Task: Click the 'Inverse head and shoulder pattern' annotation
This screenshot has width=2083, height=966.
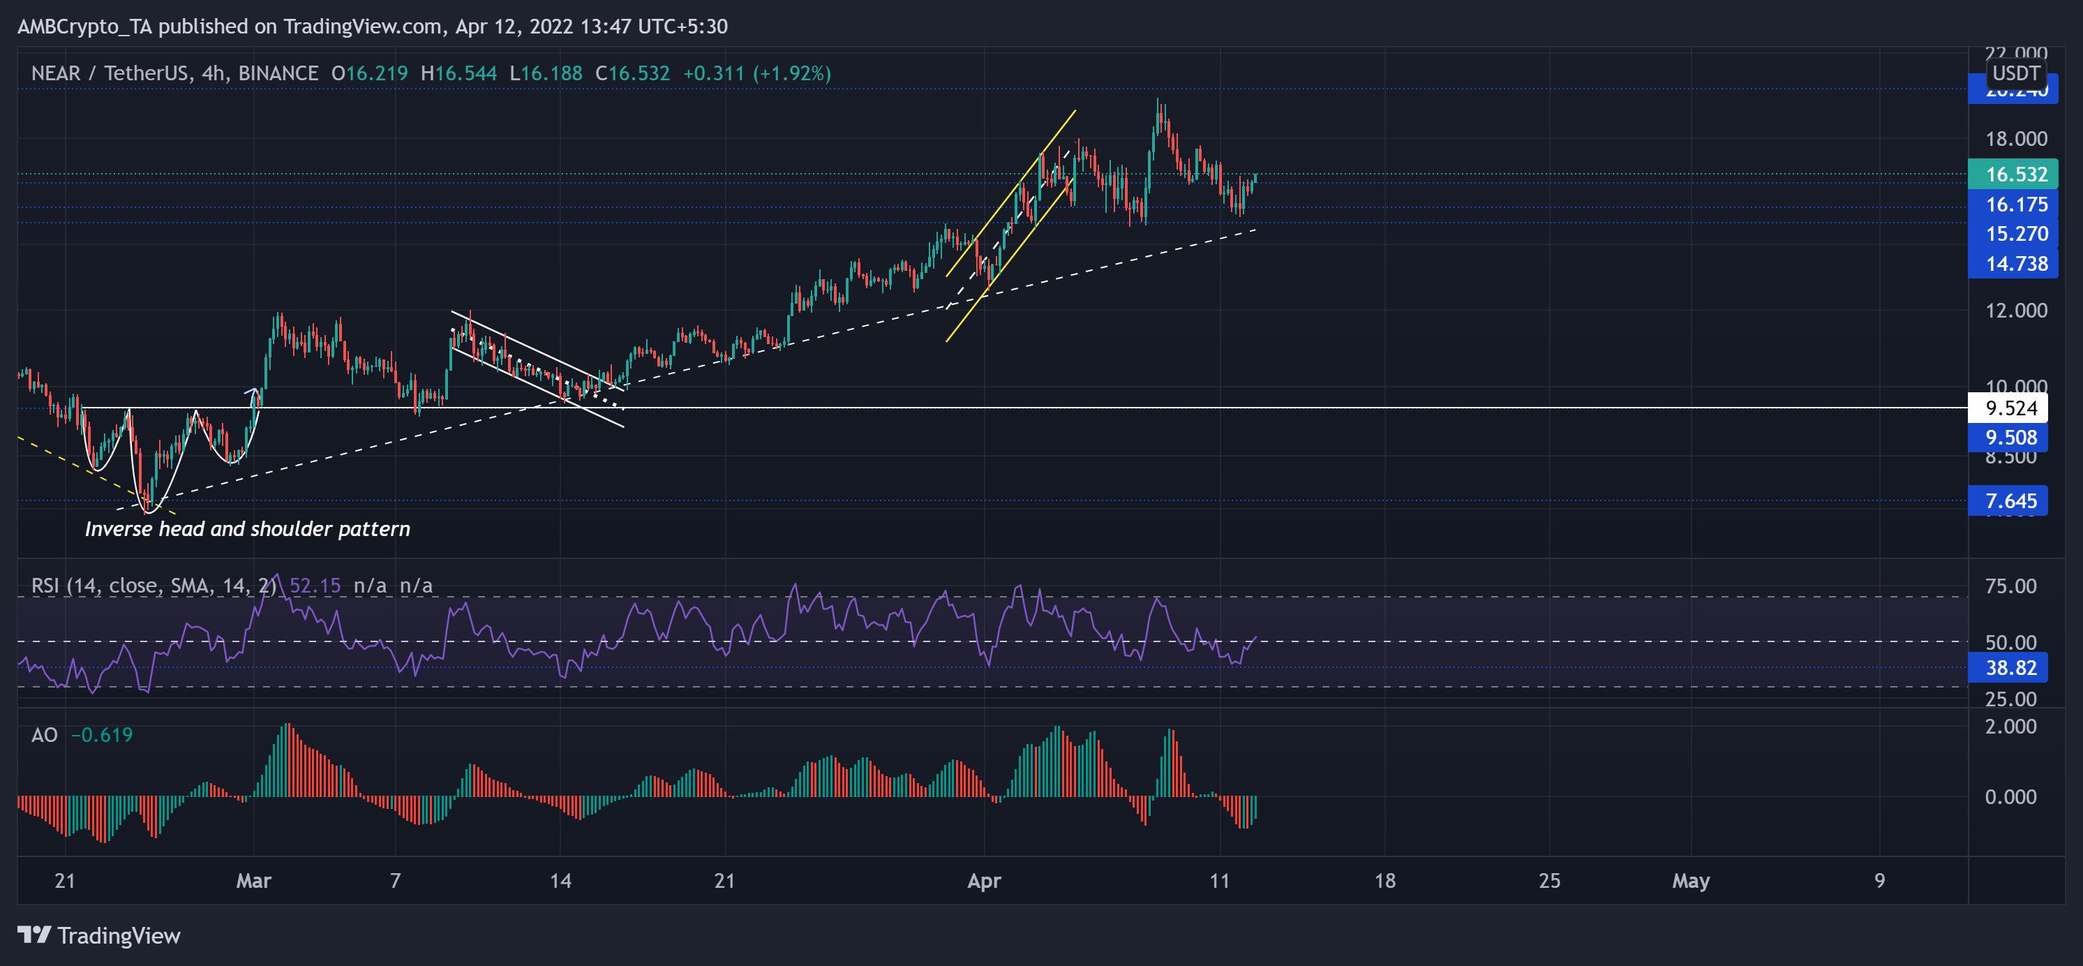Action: pyautogui.click(x=248, y=529)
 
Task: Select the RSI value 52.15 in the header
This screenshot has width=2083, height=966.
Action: pyautogui.click(x=315, y=586)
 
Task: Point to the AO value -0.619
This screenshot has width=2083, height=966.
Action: pyautogui.click(x=102, y=734)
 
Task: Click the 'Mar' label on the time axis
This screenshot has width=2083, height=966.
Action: pyautogui.click(x=253, y=881)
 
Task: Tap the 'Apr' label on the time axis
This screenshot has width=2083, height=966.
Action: pyautogui.click(x=984, y=881)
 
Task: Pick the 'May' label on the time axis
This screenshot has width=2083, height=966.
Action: pyautogui.click(x=1691, y=881)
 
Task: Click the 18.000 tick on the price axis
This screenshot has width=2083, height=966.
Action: pyautogui.click(x=2016, y=139)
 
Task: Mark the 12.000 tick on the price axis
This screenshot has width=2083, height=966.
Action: pyautogui.click(x=2016, y=311)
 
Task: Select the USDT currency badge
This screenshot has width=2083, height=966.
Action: pyautogui.click(x=2015, y=73)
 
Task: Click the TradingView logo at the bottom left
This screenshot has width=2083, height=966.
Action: pyautogui.click(x=98, y=935)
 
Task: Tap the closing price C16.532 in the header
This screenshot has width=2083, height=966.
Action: pyautogui.click(x=632, y=73)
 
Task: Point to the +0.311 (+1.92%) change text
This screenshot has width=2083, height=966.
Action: pyautogui.click(x=757, y=73)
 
